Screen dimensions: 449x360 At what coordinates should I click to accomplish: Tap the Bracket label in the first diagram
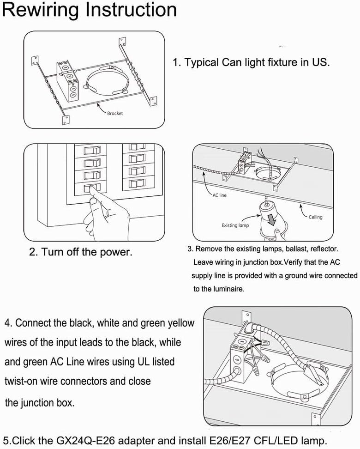(115, 113)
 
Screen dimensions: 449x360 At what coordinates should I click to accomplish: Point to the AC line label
(219, 195)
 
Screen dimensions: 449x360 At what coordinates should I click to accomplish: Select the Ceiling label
(316, 217)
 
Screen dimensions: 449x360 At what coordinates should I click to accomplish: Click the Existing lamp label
(235, 225)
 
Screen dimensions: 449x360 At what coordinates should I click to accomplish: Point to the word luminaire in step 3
(223, 289)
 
